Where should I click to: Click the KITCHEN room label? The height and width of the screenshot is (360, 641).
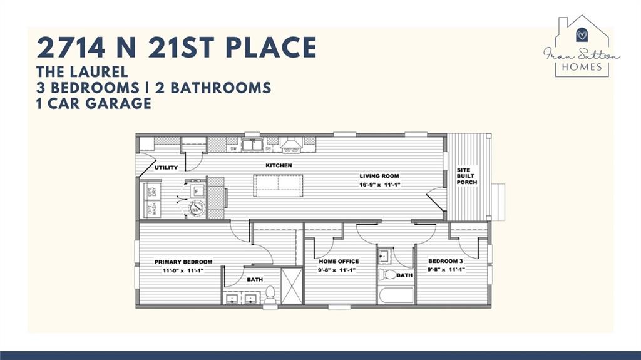point(279,165)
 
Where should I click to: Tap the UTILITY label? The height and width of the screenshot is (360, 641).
point(166,168)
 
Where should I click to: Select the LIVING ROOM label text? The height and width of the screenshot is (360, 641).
point(379,176)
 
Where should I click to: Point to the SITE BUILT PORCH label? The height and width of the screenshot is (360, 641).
point(467,177)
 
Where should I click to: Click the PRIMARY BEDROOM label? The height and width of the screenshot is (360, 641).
point(183,262)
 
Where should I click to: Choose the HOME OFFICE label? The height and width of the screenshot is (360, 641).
point(339,261)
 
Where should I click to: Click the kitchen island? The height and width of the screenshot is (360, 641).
point(278,186)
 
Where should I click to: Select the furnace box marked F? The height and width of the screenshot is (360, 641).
point(197,191)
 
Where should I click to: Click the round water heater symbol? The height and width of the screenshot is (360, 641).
point(197,208)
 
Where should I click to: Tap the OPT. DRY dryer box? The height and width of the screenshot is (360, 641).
point(152,191)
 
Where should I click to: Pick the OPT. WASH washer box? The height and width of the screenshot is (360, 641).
point(152,209)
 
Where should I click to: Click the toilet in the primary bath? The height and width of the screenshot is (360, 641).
point(270,293)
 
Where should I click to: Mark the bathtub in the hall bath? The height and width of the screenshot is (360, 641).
point(396,295)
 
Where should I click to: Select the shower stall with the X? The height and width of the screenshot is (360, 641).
point(292,285)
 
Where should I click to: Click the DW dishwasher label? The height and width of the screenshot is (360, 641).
point(233,148)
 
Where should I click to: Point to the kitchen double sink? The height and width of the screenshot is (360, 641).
point(252,145)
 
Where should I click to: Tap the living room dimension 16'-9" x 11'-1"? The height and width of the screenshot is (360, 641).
point(379,185)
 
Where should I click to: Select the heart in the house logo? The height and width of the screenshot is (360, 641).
point(582,34)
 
